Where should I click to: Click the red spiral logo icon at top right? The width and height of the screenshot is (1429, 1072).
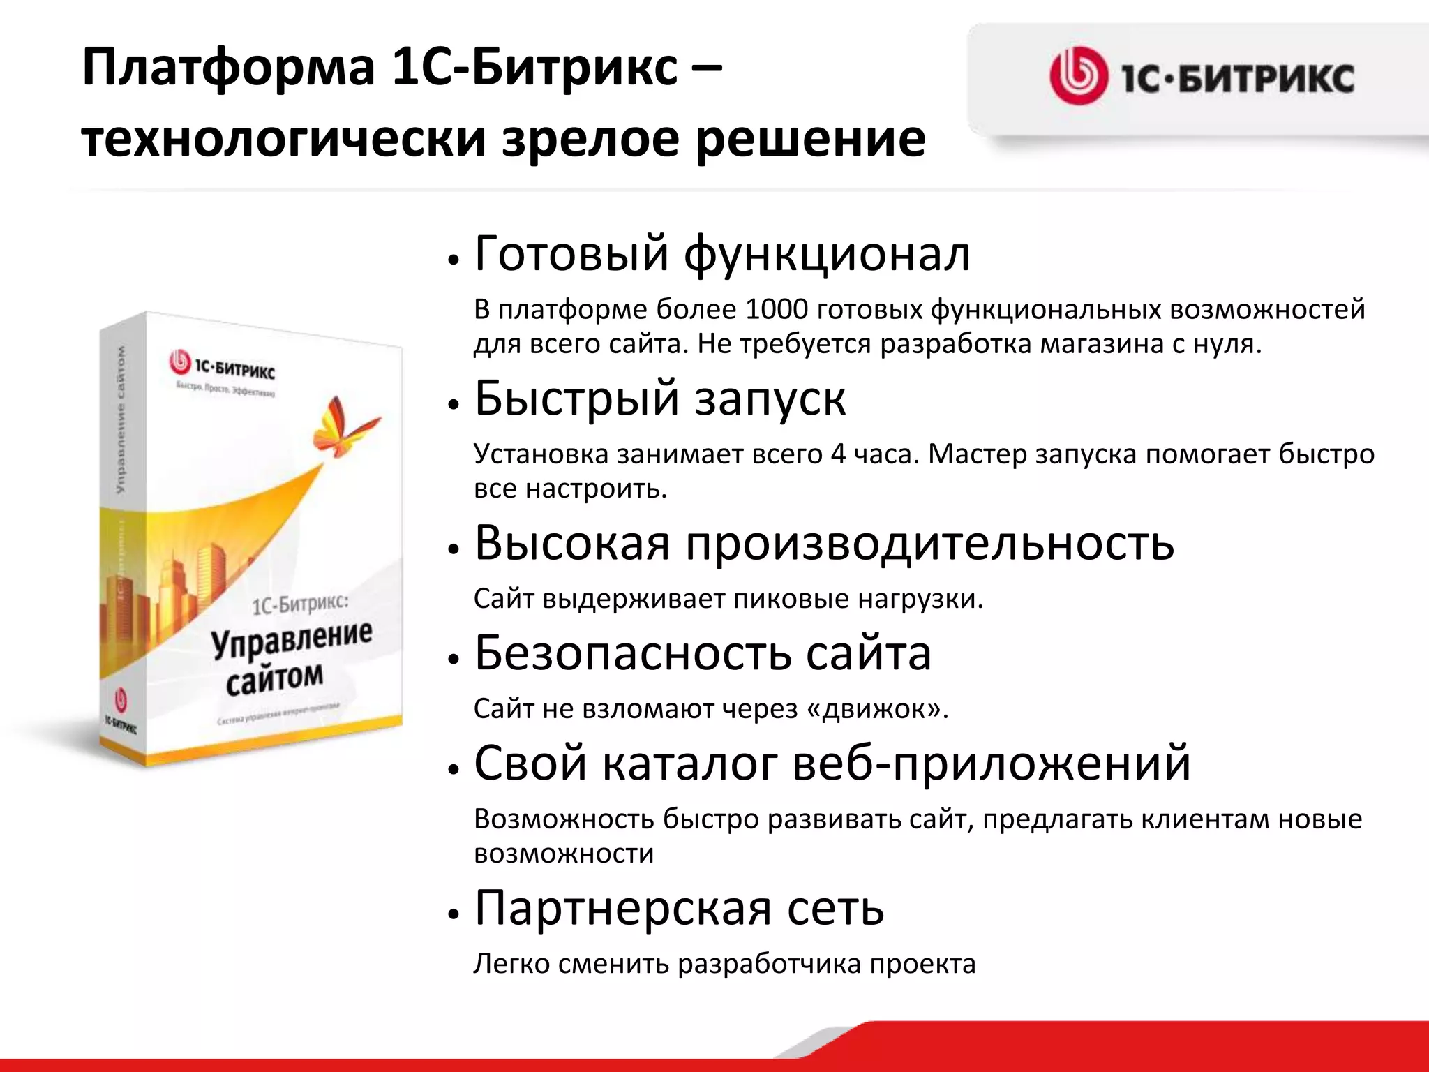pyautogui.click(x=1078, y=76)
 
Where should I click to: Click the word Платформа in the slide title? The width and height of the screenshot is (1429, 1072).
pyautogui.click(x=228, y=68)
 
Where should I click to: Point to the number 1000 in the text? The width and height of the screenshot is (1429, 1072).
pyautogui.click(x=776, y=309)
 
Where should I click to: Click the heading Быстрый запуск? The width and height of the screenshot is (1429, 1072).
pyautogui.click(x=659, y=399)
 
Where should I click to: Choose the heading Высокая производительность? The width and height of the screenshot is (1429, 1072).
pyautogui.click(x=824, y=543)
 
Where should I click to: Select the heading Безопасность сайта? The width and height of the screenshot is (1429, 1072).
pyautogui.click(x=703, y=653)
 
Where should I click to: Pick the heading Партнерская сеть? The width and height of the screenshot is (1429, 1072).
pyautogui.click(x=679, y=908)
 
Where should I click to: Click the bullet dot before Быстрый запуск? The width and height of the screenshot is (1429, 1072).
pyautogui.click(x=454, y=405)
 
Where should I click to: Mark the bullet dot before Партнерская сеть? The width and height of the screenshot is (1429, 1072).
pyautogui.click(x=454, y=914)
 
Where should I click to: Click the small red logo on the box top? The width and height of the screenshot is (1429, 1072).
pyautogui.click(x=180, y=362)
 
